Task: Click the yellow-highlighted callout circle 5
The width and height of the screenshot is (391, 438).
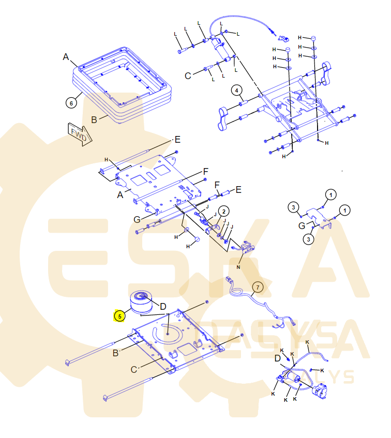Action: click(x=119, y=315)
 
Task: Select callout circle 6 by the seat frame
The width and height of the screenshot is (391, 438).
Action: click(x=72, y=102)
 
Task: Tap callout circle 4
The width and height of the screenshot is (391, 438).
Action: click(x=236, y=91)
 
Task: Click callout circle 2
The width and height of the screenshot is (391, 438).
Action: click(x=223, y=211)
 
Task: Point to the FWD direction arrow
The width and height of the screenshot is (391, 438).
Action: click(x=79, y=134)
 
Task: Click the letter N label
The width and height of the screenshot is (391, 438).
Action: click(x=238, y=267)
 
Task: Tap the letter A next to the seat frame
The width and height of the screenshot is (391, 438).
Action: click(x=66, y=57)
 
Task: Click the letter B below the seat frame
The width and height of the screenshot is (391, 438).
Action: click(x=94, y=119)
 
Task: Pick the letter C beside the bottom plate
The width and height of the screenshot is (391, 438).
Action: click(x=133, y=369)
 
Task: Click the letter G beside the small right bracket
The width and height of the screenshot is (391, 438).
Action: click(x=302, y=226)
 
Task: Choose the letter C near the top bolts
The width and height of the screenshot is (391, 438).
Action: click(x=188, y=75)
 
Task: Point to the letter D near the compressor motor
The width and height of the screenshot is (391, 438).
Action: click(x=278, y=358)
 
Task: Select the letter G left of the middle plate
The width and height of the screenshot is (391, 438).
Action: click(x=137, y=219)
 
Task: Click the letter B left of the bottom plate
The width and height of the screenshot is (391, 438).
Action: click(x=116, y=353)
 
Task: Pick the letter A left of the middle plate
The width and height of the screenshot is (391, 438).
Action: click(x=120, y=194)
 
